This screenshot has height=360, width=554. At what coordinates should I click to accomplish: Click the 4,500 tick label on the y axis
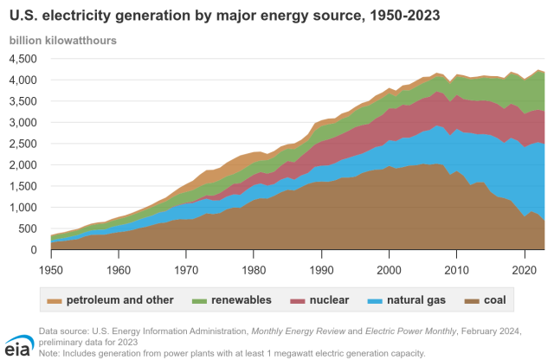pos(23,59)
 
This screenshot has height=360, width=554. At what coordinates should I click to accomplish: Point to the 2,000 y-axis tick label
pos(23,165)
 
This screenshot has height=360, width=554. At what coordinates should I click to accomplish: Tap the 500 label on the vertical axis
pos(29,229)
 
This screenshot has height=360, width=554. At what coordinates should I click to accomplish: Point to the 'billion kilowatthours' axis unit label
pos(63,41)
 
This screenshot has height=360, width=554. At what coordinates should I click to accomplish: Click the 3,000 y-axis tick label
pos(23,123)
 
